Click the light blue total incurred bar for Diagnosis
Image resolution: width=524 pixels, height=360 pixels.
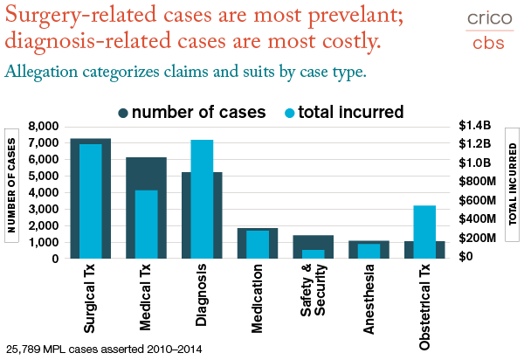pyautogui.click(x=202, y=199)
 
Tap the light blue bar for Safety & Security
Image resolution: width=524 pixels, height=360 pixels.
pyautogui.click(x=314, y=254)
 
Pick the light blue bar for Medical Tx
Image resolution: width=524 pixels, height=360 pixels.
pyautogui.click(x=147, y=224)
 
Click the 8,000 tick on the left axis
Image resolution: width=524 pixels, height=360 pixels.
pyautogui.click(x=45, y=127)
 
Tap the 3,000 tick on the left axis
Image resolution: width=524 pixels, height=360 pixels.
pyautogui.click(x=45, y=209)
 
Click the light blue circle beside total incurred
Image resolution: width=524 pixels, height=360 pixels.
pyautogui.click(x=290, y=112)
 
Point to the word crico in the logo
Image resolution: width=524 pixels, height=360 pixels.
pyautogui.click(x=486, y=17)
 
